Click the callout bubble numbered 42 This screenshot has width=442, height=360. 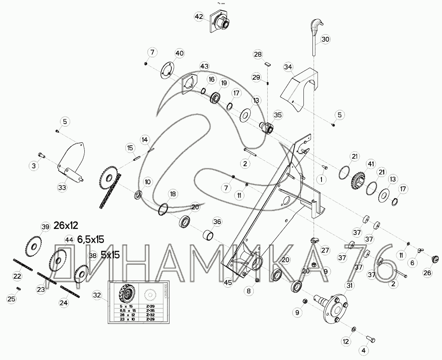click(x=199, y=17)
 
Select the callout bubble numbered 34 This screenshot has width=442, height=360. click(x=288, y=67)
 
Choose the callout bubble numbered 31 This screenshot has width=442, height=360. click(x=350, y=286)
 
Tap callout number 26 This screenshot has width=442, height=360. click(x=427, y=273)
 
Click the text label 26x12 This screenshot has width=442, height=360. click(x=66, y=226)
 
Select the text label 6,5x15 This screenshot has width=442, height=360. click(x=90, y=239)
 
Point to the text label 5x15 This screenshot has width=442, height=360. click(x=110, y=255)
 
